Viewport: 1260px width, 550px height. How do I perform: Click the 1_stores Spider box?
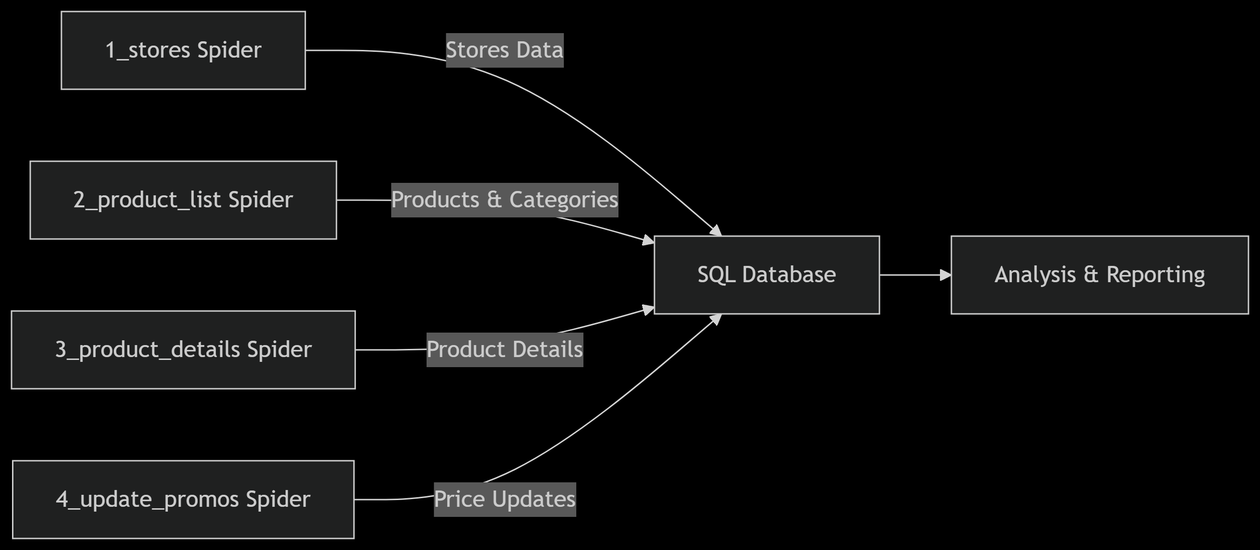[x=183, y=50]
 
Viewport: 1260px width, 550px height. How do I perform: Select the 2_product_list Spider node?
[x=183, y=200]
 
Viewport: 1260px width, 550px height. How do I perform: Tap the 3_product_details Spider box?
[x=183, y=350]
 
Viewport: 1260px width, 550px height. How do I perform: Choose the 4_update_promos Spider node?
[x=183, y=500]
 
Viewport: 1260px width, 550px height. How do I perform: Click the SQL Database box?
[x=766, y=275]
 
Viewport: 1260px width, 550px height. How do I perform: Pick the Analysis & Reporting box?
[x=1100, y=275]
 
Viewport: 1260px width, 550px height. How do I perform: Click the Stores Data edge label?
[x=504, y=50]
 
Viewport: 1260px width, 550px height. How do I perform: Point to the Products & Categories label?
[x=504, y=200]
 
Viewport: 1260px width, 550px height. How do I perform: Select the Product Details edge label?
[x=504, y=350]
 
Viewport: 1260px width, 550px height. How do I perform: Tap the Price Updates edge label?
[x=504, y=500]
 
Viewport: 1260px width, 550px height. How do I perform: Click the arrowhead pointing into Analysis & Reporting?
[x=946, y=275]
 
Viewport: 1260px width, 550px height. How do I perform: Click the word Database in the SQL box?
[x=788, y=275]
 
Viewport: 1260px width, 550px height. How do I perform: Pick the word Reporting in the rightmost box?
[x=1155, y=275]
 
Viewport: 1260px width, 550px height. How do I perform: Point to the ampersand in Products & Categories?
[x=494, y=200]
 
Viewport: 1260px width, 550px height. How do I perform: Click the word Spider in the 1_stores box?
[x=229, y=50]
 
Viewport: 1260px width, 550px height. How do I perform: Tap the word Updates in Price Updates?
[x=534, y=500]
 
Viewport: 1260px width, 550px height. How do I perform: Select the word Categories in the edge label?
[x=563, y=200]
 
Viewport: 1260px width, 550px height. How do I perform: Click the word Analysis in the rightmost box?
[x=1035, y=275]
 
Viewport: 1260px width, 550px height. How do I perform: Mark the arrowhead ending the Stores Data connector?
[x=716, y=231]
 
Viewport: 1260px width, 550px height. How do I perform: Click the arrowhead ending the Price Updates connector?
[x=716, y=319]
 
